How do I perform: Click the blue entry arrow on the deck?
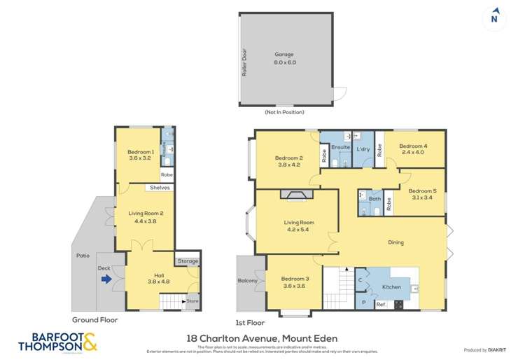106,279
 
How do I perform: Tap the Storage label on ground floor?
187,261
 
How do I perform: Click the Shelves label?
161,188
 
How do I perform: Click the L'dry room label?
363,150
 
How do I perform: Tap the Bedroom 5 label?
422,194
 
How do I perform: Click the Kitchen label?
392,288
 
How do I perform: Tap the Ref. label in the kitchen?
381,304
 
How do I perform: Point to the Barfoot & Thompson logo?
57,342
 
